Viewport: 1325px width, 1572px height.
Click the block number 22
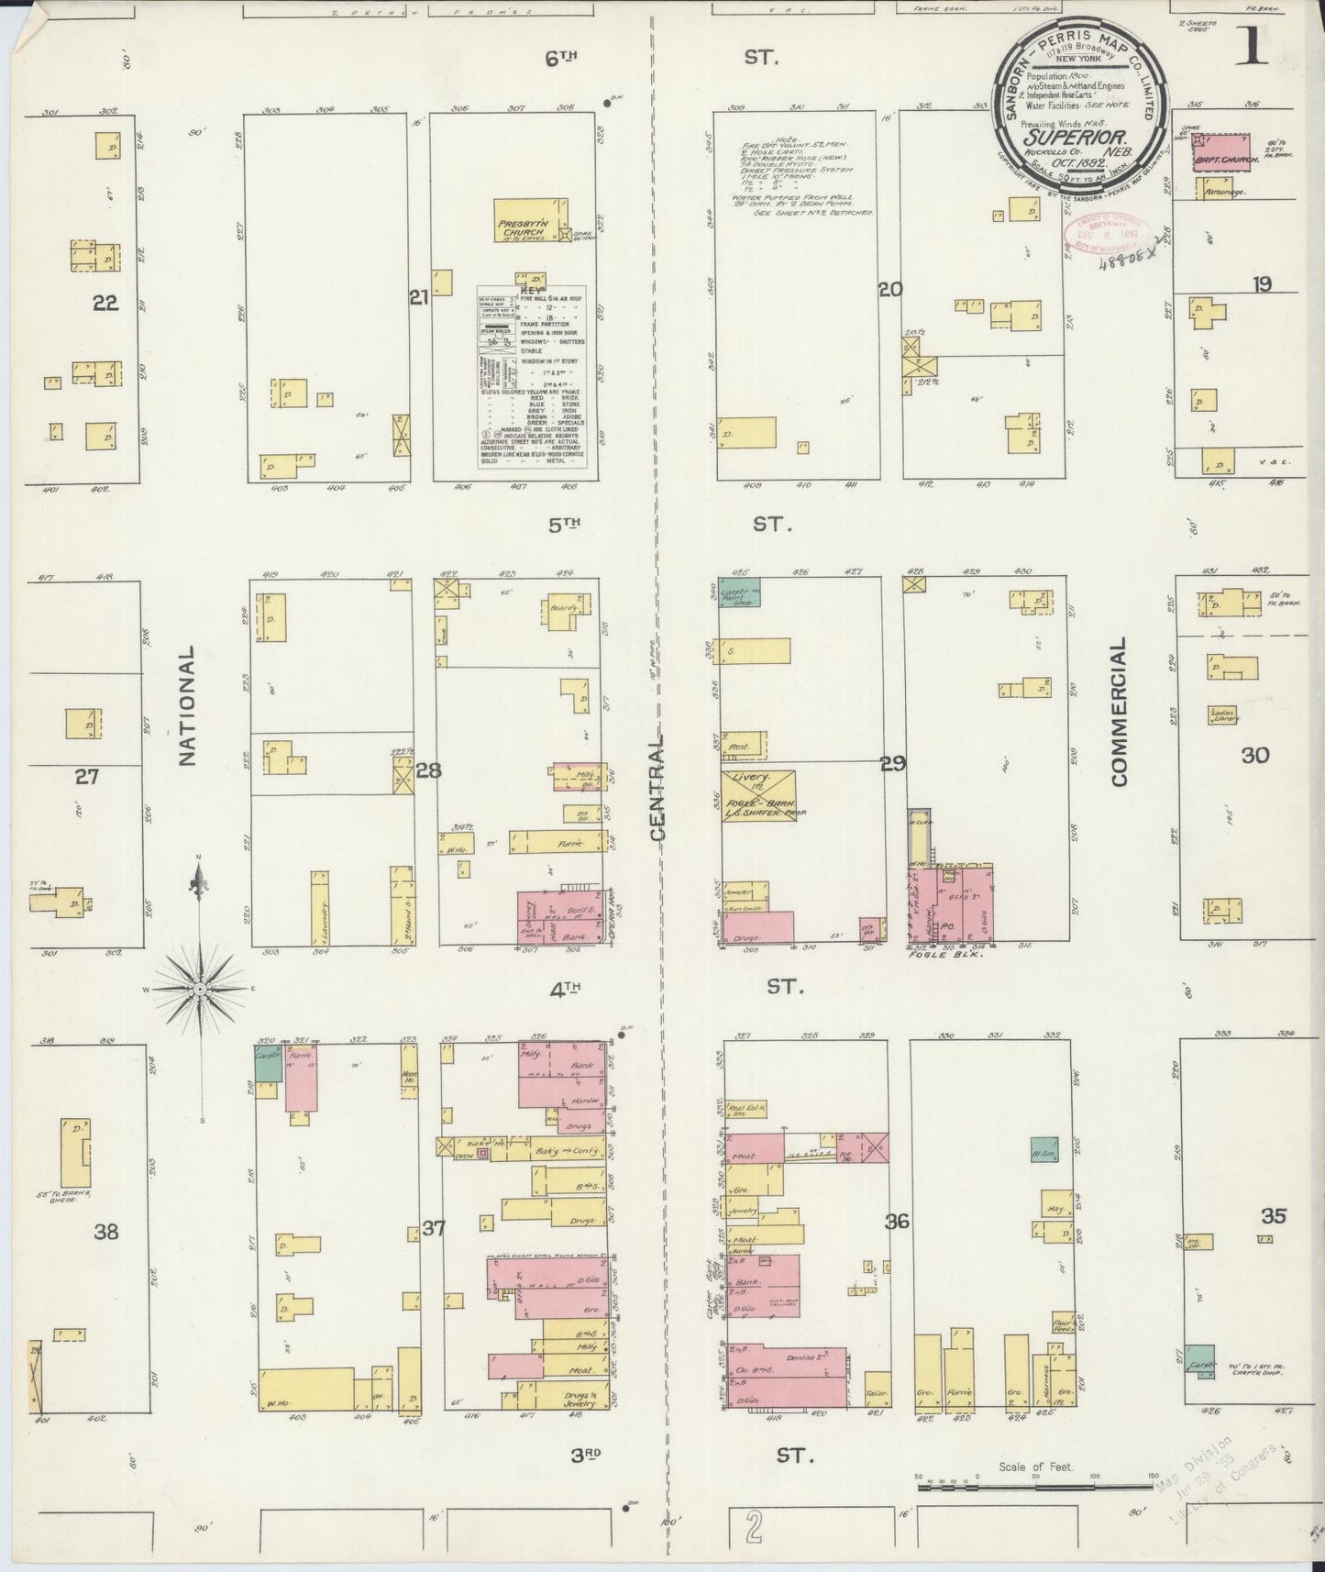coord(105,303)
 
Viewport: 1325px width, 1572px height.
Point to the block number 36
coord(897,1222)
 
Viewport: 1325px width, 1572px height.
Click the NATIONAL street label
coord(187,705)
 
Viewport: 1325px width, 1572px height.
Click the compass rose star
coord(200,989)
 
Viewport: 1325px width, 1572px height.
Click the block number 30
coord(1254,756)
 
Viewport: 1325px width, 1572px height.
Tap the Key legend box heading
coord(533,287)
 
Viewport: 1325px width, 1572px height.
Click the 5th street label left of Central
coord(565,525)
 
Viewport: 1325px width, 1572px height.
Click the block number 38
coord(106,1232)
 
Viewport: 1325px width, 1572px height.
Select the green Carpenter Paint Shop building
coord(739,594)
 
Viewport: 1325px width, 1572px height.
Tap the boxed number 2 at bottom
coord(754,1529)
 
